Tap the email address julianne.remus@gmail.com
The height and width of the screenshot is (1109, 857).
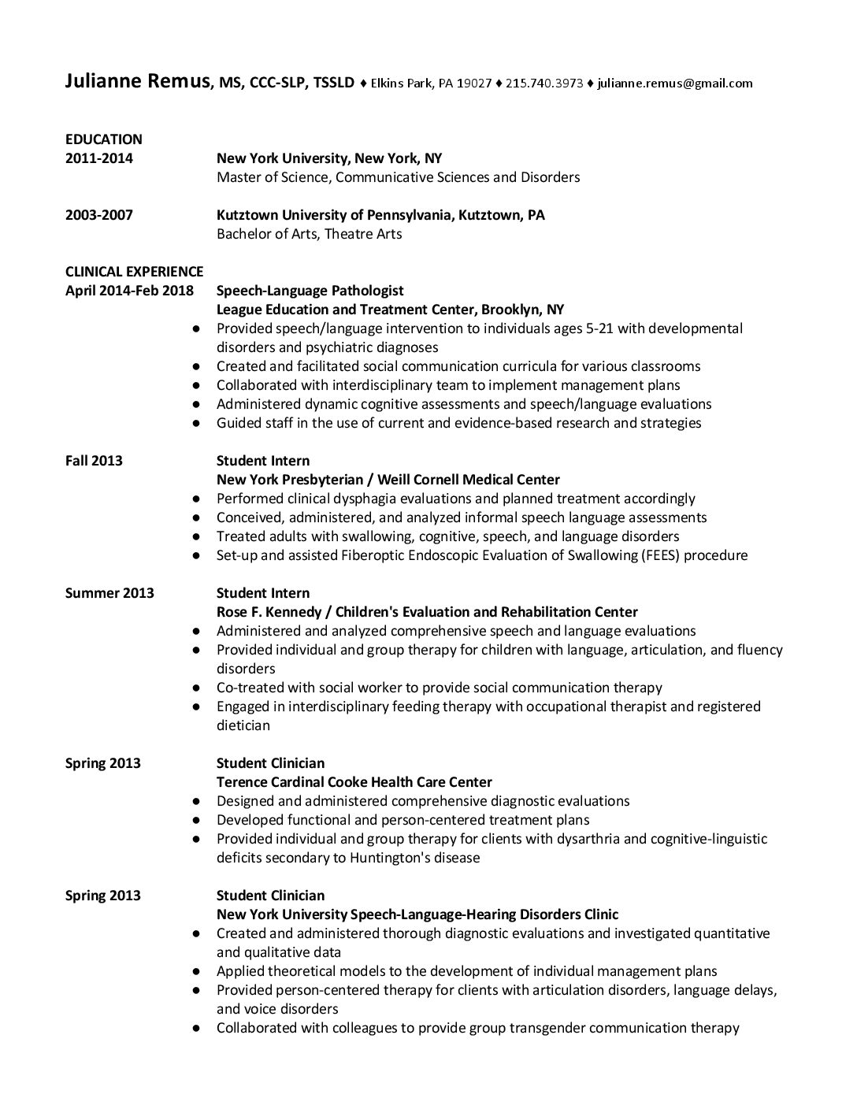pyautogui.click(x=674, y=83)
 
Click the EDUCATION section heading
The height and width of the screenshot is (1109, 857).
pyautogui.click(x=103, y=139)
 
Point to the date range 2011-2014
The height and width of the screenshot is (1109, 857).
pyautogui.click(x=98, y=158)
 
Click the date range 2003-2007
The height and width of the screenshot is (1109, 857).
pyautogui.click(x=98, y=215)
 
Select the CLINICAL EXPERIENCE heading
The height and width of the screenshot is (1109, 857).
pyautogui.click(x=134, y=272)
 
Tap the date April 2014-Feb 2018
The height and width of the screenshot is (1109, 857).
pyautogui.click(x=129, y=291)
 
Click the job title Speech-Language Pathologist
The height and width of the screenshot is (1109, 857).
pyautogui.click(x=310, y=291)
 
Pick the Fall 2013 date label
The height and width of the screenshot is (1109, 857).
pyautogui.click(x=94, y=461)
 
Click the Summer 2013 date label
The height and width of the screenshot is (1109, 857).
pyautogui.click(x=109, y=593)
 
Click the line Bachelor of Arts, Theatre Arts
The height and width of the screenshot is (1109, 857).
pyautogui.click(x=309, y=234)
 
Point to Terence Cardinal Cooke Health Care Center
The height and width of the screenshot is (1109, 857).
pyautogui.click(x=354, y=782)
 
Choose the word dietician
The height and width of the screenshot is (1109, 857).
pyautogui.click(x=243, y=725)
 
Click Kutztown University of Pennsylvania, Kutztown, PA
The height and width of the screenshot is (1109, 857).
pyautogui.click(x=380, y=215)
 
